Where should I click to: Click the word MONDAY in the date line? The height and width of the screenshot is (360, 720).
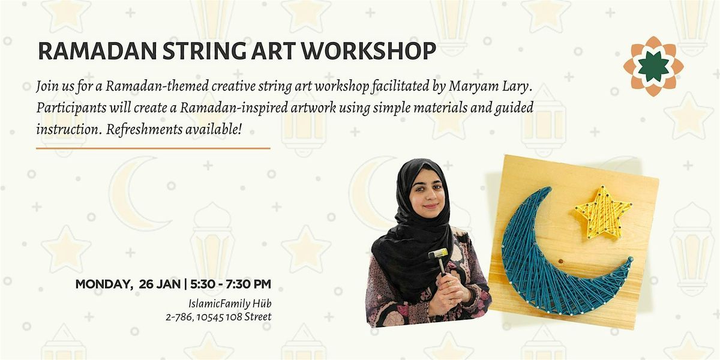point(101,284)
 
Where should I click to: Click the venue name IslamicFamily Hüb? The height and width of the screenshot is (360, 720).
point(230,303)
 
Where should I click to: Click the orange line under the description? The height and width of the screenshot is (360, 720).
point(153,148)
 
